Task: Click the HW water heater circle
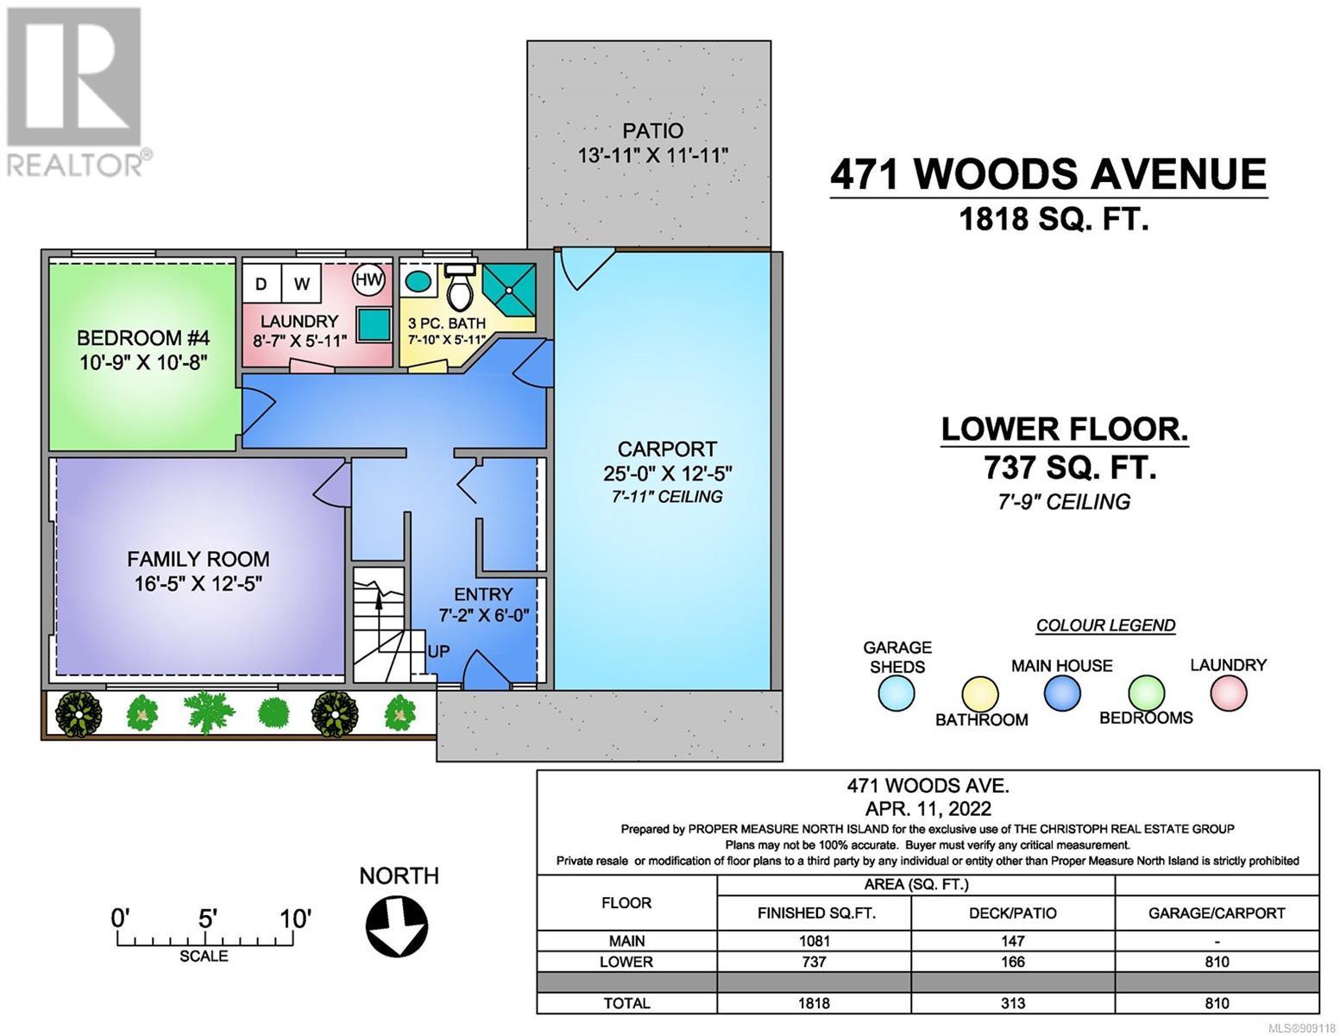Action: coord(368,279)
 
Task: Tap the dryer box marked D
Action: coord(261,284)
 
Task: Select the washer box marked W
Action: coord(301,284)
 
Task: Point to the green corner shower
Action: coord(509,289)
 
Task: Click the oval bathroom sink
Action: coord(418,282)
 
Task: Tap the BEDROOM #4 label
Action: coord(143,338)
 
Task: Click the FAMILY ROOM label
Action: coord(198,559)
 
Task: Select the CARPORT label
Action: coord(667,448)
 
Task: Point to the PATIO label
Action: coord(652,131)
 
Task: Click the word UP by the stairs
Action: coord(438,651)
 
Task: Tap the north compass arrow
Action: coord(397,925)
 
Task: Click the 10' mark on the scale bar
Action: coord(295,919)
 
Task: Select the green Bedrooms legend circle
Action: coord(1147,693)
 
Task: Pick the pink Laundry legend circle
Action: coord(1229,693)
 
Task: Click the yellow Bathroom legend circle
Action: coord(980,694)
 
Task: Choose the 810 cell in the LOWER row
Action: coord(1217,962)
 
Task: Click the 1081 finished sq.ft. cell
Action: coord(814,941)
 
